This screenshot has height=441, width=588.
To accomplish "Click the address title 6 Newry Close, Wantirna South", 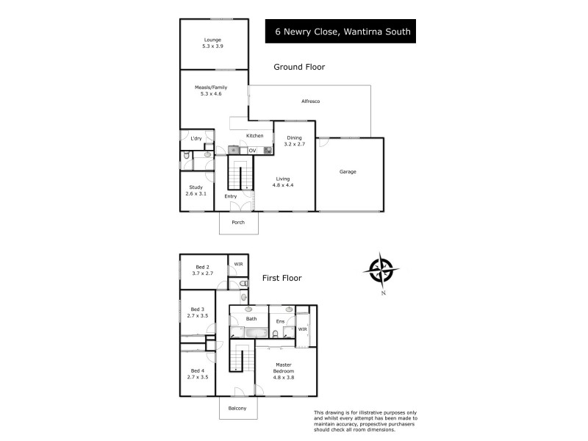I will coord(343,32).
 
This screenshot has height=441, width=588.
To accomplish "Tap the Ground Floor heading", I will coord(299,67).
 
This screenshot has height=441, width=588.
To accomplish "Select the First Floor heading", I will coord(282,279).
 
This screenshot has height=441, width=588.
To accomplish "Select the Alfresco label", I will coord(312,101).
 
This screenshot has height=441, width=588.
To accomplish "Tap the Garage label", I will coord(348,172).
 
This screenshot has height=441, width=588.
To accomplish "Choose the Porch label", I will coord(238,223).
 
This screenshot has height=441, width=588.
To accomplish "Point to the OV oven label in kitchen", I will coord(252,151).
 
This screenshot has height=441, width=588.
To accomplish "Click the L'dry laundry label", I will coord(196,138).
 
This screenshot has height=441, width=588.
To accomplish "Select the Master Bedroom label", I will coord(284,368).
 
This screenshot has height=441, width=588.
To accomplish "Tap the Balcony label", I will coord(237,409).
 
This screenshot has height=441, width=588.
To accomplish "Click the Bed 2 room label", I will coord(202,270).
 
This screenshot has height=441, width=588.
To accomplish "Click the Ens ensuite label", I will coord(280,321).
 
